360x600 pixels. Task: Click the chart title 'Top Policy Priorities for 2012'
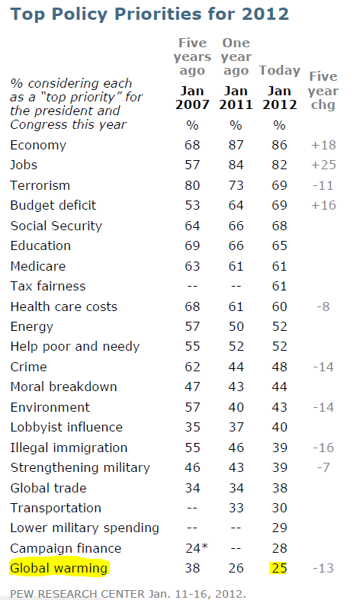[x=149, y=14]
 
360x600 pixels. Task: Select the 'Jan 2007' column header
[x=192, y=98]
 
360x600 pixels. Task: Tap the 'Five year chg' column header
[x=323, y=90]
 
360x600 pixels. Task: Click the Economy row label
[x=38, y=145]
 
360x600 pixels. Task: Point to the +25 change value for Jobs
[x=323, y=165]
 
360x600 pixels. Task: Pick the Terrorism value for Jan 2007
[x=192, y=185]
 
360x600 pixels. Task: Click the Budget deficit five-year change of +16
[x=323, y=206]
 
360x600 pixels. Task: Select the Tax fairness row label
[x=48, y=286]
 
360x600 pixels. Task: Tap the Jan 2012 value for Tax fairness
[x=279, y=286]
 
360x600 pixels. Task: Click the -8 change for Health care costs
[x=323, y=306]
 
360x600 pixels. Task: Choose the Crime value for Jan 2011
[x=236, y=367]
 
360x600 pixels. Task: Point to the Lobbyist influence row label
[x=66, y=427]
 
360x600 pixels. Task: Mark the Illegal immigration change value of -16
[x=323, y=448]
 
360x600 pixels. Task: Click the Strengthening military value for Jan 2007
[x=192, y=467]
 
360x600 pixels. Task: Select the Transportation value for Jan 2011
[x=236, y=508]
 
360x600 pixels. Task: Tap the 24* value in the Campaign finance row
[x=197, y=548]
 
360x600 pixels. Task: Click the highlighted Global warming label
[x=59, y=568]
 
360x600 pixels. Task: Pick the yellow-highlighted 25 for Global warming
[x=280, y=568]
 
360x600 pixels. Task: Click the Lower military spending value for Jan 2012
[x=279, y=528]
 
